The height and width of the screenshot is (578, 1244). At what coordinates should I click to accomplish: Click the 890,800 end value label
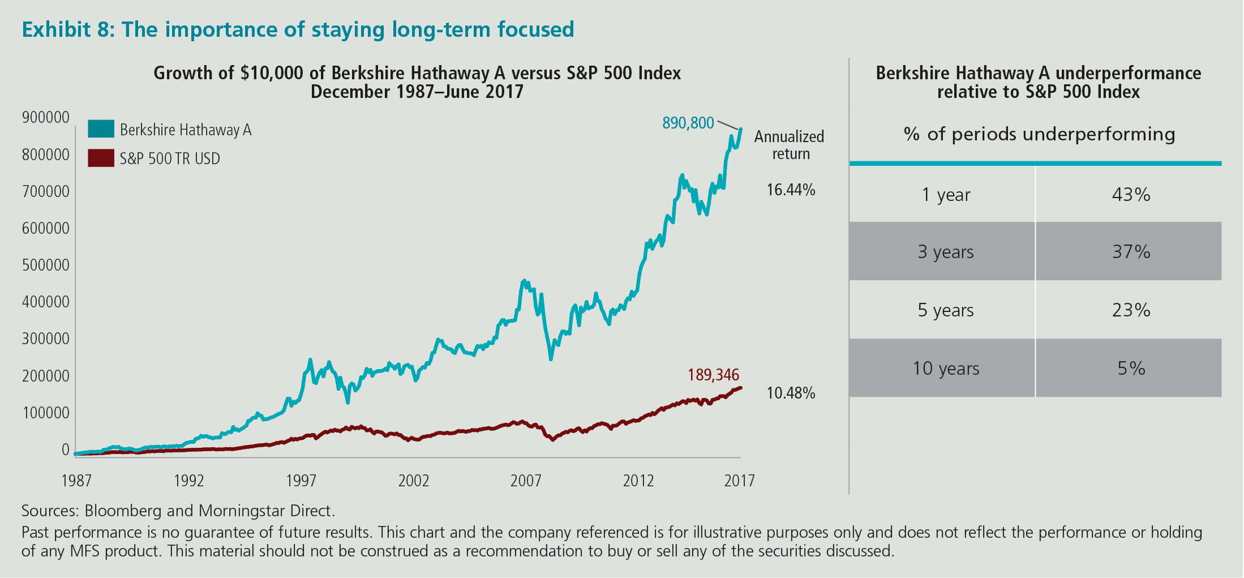click(x=688, y=123)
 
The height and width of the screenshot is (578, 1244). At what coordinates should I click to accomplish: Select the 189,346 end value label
click(x=713, y=375)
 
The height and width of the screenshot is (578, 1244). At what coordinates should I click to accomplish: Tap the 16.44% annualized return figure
click(x=791, y=190)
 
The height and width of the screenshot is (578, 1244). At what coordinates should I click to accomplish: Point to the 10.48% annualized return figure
click(x=791, y=393)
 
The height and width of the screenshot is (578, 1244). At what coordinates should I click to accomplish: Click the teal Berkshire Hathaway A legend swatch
click(x=101, y=129)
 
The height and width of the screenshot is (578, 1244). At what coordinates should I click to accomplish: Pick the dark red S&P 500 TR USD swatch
click(x=101, y=158)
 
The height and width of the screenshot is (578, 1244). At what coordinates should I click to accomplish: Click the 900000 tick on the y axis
click(x=45, y=118)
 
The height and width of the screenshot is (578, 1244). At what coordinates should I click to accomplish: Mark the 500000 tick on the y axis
click(x=45, y=265)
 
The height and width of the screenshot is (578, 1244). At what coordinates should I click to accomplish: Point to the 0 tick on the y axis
click(x=65, y=449)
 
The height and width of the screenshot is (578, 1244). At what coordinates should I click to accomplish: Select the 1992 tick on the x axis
click(x=188, y=481)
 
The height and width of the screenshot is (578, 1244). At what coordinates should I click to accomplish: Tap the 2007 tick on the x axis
click(x=526, y=481)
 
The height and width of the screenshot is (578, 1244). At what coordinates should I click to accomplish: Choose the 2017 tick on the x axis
click(x=739, y=481)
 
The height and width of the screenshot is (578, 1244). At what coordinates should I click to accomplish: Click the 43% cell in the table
click(x=1131, y=195)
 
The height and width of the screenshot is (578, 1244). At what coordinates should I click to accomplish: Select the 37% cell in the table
click(x=1131, y=251)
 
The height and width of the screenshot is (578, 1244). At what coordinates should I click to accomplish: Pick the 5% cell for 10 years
click(x=1131, y=369)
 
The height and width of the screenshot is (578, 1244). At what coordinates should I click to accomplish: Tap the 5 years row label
click(x=945, y=310)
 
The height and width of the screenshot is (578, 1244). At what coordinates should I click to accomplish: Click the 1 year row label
click(x=945, y=195)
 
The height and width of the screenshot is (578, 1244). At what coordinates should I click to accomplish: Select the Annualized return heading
click(x=790, y=145)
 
